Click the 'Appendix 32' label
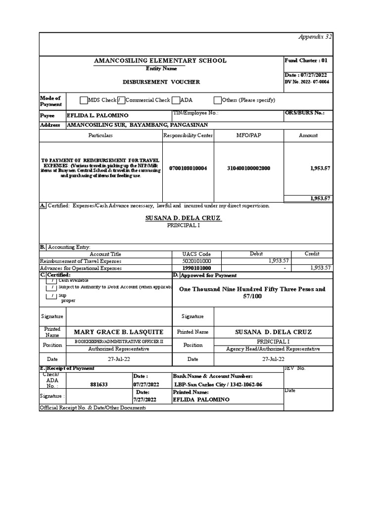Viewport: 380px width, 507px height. click(x=315, y=37)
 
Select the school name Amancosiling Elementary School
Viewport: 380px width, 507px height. click(x=160, y=60)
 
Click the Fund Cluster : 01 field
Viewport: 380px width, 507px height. click(x=306, y=60)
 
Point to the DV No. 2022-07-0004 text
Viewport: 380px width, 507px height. click(x=307, y=82)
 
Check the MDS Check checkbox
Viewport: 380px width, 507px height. click(x=84, y=100)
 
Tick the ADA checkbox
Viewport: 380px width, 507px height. click(x=176, y=100)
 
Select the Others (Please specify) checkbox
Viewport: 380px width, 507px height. click(x=218, y=100)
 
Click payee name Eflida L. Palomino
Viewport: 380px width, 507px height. click(x=97, y=114)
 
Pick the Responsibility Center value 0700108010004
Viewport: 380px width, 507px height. click(x=188, y=168)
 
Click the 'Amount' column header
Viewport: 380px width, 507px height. click(x=308, y=135)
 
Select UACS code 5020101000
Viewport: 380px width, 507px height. click(x=197, y=261)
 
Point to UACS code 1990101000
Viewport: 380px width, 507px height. click(x=197, y=268)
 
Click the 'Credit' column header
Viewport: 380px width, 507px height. click(x=312, y=253)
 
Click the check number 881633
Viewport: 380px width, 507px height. click(x=98, y=384)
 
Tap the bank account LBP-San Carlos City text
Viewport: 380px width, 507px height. click(x=218, y=384)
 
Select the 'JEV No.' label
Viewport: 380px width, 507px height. click(x=295, y=368)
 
